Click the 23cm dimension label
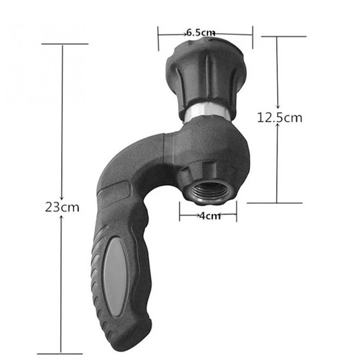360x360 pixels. (x=62, y=207)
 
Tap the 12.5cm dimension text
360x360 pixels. (x=279, y=118)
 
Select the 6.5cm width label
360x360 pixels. (x=200, y=32)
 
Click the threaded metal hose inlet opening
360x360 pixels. (x=207, y=191)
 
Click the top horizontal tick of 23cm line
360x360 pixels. (x=64, y=44)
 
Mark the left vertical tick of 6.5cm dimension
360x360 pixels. (x=158, y=38)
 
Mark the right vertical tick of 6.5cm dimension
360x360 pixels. (x=252, y=37)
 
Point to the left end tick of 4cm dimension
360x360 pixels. (x=180, y=211)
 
